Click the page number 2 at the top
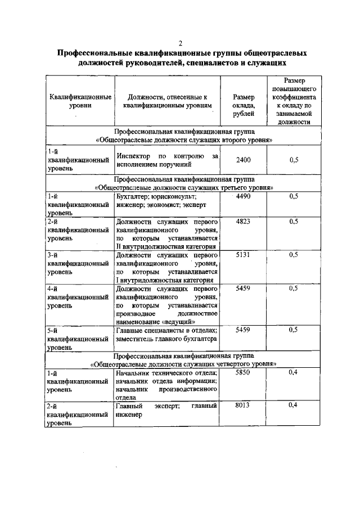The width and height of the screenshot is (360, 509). click(x=181, y=43)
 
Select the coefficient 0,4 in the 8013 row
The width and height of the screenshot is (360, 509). click(x=293, y=405)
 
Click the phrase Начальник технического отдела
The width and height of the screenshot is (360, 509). click(x=165, y=372)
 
